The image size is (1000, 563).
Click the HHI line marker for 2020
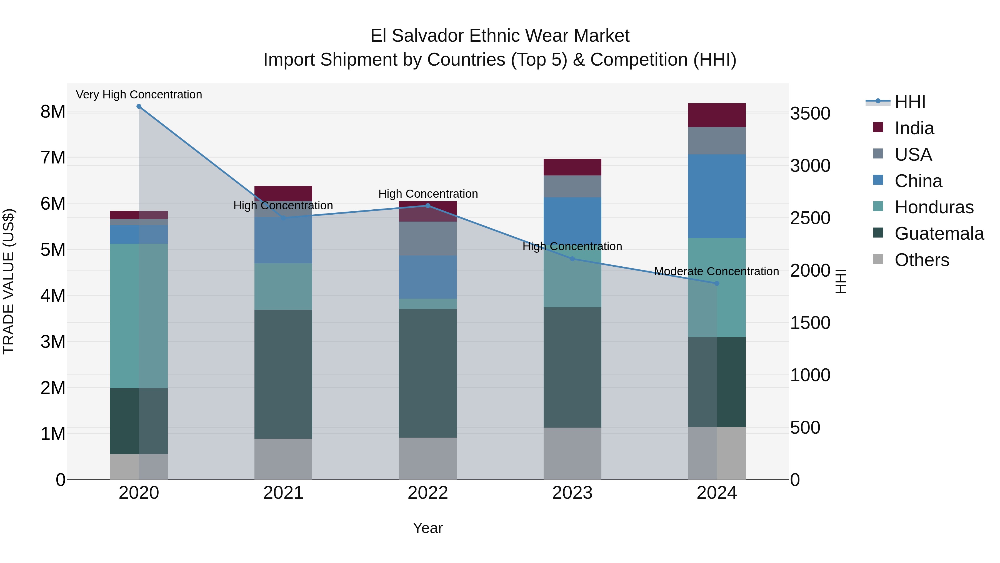pos(139,106)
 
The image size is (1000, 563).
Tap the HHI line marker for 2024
pos(717,283)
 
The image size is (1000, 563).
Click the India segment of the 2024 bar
pos(717,115)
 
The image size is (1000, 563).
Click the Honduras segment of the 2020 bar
pos(139,316)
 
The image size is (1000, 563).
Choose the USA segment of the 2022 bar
pos(428,239)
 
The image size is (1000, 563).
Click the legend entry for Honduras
pos(934,207)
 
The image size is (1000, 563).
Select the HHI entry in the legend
pos(909,102)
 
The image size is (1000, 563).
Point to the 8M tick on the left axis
pos(53,112)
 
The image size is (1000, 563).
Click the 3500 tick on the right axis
pos(810,114)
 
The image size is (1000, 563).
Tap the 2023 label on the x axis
pos(572,493)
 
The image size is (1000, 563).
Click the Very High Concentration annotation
pos(139,95)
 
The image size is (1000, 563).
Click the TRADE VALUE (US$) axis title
pos(9,281)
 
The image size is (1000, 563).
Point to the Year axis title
pos(427,528)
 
